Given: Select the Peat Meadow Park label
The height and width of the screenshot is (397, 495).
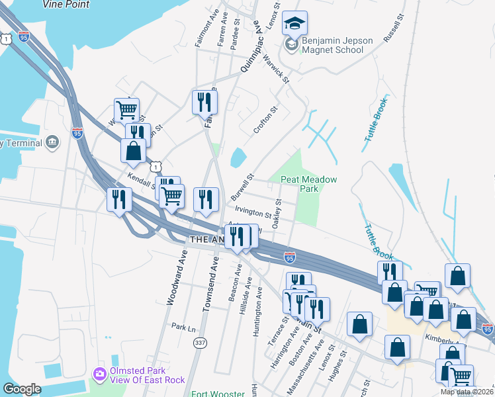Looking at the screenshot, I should coord(309,184).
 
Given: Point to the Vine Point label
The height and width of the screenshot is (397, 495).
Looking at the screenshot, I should coord(66,4).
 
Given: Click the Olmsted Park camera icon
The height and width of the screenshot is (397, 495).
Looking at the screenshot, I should coord(100,375).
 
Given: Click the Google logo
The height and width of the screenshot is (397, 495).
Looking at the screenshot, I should coord(22,389).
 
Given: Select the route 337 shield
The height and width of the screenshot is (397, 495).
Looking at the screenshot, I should coord(199,342).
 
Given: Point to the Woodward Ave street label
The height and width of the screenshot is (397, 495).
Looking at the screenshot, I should coord(174,281).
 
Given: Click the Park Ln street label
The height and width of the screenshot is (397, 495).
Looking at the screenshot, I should coord(183,327).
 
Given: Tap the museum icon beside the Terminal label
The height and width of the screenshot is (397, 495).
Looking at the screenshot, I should coord(52,143).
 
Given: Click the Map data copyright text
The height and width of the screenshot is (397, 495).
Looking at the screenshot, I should coord(467,392).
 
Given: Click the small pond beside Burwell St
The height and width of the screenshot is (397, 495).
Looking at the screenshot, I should coord(237,157).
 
